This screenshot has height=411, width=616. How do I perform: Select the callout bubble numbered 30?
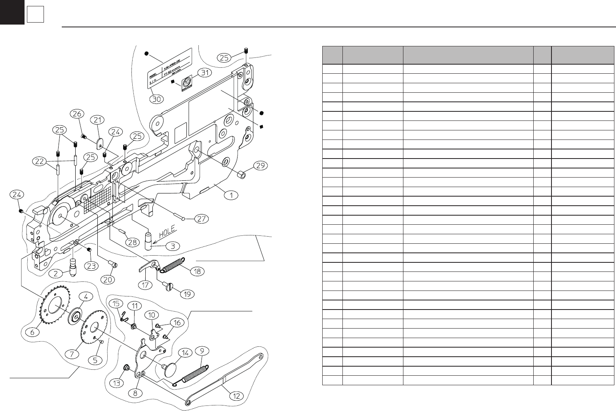157,99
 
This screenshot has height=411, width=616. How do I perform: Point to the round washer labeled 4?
75,318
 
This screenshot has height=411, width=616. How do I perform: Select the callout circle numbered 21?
97,120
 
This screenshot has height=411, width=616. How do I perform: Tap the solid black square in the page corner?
12,12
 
